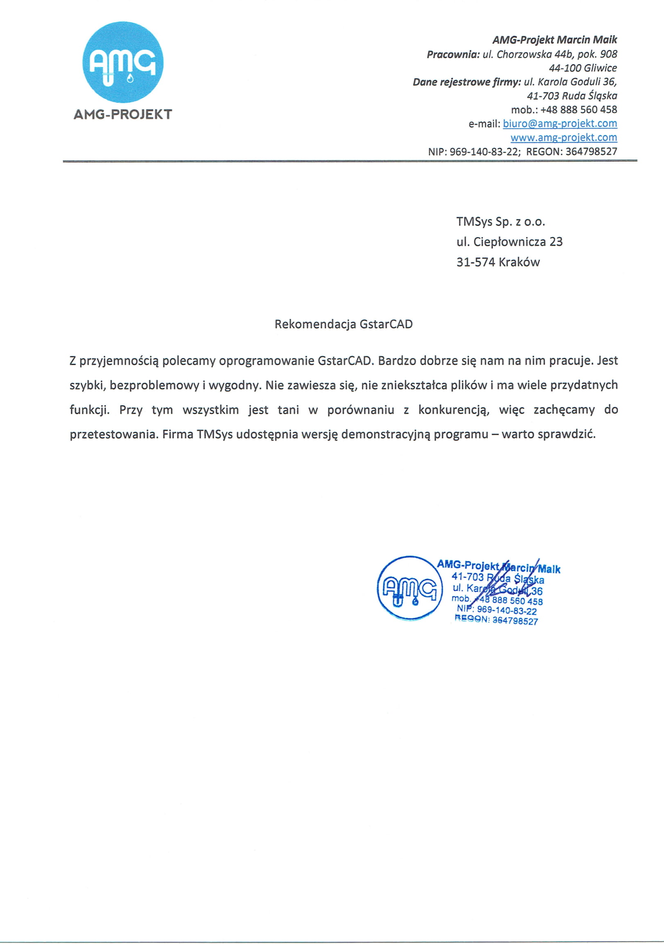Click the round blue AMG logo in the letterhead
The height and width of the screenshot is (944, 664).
pos(122,62)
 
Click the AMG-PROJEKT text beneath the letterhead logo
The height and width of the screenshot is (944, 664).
pos(122,114)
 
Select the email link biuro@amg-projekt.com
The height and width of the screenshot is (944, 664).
pos(560,123)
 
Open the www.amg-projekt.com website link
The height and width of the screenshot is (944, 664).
pos(563,137)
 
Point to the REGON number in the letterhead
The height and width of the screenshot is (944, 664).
pos(591,151)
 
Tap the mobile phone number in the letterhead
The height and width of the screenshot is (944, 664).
pos(578,110)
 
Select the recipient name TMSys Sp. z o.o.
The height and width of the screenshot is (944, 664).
pos(500,222)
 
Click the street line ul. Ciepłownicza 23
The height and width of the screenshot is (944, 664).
pos(509,242)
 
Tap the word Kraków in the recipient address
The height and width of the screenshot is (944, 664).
pos(519,262)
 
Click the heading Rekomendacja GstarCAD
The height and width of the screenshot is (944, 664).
pos(343,324)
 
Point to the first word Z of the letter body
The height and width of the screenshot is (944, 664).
pos(73,361)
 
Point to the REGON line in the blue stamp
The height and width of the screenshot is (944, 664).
pos(496,620)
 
